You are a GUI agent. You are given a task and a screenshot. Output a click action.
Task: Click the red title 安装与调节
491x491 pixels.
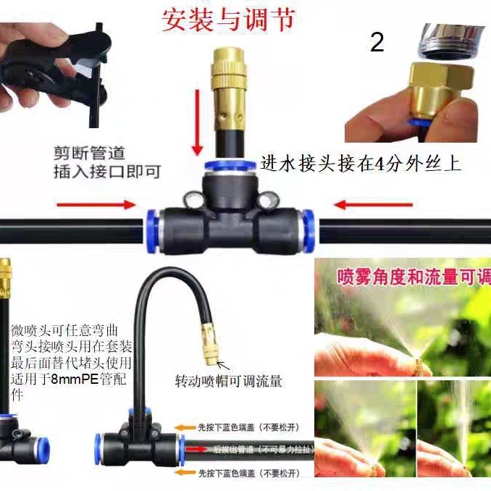click(x=230, y=20)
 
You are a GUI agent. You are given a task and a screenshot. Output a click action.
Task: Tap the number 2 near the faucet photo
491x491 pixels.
click(x=377, y=43)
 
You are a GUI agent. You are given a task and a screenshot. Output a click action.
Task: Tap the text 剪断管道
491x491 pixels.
click(x=88, y=154)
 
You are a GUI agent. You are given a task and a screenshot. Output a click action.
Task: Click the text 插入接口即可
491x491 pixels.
click(x=106, y=172)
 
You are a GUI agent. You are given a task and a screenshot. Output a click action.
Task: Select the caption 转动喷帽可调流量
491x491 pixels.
click(x=229, y=380)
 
